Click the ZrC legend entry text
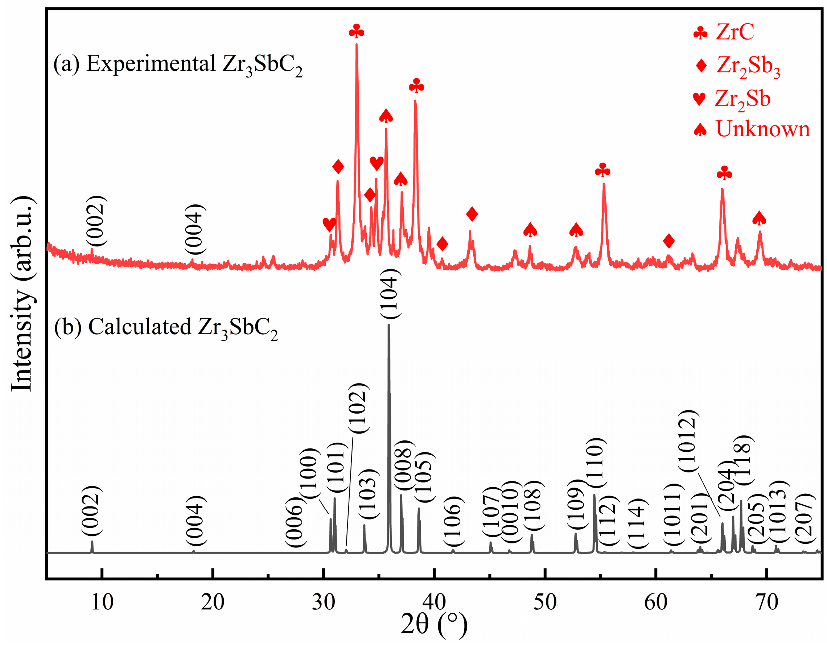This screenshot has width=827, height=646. [735, 32]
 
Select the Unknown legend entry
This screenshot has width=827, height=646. [763, 129]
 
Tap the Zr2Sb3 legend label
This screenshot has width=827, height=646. [748, 66]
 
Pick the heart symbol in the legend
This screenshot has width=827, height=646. [699, 98]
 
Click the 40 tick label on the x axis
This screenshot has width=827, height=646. [434, 602]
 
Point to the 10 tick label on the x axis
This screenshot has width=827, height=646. [102, 602]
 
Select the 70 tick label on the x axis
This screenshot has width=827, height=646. [767, 602]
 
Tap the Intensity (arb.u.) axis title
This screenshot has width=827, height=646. [22, 294]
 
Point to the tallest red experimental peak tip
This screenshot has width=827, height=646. [356, 45]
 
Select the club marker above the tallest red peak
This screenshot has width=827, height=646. [356, 31]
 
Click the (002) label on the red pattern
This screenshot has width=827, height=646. [94, 221]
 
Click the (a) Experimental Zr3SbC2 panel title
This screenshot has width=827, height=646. [178, 64]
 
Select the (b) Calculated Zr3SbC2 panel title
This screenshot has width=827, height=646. [166, 327]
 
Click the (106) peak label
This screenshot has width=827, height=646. [453, 521]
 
